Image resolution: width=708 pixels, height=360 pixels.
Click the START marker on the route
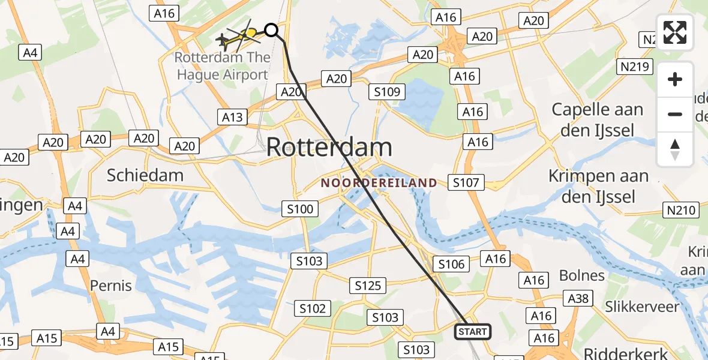click(473, 332)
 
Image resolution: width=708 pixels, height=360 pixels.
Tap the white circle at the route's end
click(272, 29)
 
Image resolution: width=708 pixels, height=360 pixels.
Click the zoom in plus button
click(675, 80)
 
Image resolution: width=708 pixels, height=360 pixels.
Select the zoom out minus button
click(675, 114)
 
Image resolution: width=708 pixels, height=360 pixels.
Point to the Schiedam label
click(145, 175)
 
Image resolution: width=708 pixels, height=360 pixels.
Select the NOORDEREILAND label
click(379, 182)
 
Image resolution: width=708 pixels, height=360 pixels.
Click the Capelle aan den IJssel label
click(597, 120)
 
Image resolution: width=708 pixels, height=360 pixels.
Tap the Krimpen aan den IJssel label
click(598, 186)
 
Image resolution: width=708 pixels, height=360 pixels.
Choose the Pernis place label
click(111, 285)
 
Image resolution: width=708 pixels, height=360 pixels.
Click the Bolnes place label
click(581, 275)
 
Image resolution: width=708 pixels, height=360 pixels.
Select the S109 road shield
click(388, 92)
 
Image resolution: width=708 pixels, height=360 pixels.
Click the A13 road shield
click(232, 116)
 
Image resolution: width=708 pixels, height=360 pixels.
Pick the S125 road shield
click(368, 286)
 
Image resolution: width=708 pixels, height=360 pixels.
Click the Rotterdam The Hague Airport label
click(221, 67)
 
